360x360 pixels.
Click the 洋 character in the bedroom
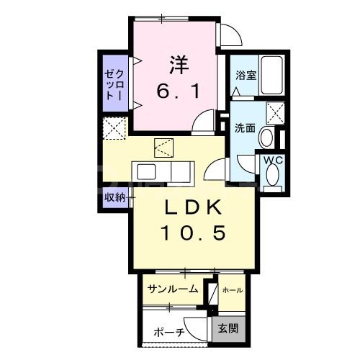(x=179, y=64)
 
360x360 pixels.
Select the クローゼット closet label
(x=114, y=84)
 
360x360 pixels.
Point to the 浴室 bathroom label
(x=245, y=74)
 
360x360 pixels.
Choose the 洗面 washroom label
(x=245, y=128)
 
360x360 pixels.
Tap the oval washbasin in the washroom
(x=266, y=137)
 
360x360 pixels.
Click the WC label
(x=272, y=159)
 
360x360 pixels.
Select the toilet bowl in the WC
(x=273, y=175)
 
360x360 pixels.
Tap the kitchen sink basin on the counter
(x=148, y=174)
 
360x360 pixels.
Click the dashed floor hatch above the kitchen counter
(x=164, y=149)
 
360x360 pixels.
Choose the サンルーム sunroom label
(x=174, y=289)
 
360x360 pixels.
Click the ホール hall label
(x=232, y=290)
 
